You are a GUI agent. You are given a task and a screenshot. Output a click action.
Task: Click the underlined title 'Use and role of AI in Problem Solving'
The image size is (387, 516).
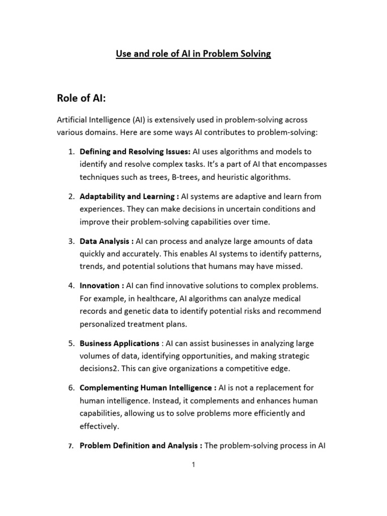click(193, 53)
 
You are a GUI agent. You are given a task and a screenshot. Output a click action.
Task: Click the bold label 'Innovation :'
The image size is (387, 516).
click(102, 286)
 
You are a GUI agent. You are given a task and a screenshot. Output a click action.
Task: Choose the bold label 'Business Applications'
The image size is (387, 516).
click(119, 343)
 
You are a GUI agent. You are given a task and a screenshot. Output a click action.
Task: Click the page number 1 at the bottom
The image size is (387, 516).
click(193, 466)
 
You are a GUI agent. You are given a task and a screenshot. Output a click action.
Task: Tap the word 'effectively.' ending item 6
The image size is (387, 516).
click(99, 426)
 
